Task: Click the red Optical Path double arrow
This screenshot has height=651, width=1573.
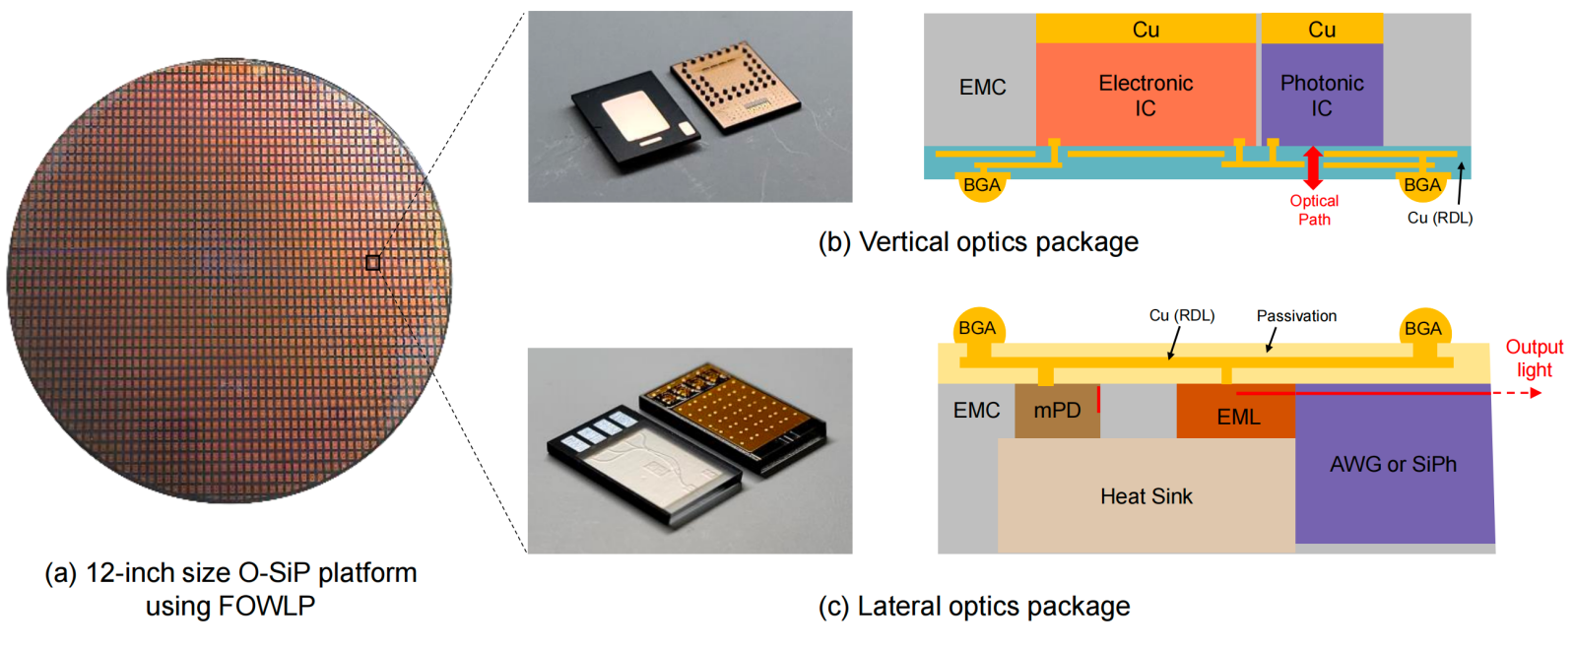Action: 1312,167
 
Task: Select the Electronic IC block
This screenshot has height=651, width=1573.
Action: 1146,96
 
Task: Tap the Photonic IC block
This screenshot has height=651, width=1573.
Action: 1322,96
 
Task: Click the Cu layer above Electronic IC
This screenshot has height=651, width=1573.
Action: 1146,30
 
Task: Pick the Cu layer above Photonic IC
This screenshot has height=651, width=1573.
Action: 1322,30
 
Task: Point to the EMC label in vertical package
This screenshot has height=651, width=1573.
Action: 982,88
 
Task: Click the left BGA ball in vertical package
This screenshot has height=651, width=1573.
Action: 981,185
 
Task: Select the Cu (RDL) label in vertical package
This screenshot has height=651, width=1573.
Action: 1439,218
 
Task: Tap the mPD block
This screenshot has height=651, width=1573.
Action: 1057,411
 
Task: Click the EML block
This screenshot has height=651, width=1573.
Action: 1237,417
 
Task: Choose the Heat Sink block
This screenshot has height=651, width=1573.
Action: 1146,496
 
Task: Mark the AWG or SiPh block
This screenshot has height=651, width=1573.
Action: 1393,465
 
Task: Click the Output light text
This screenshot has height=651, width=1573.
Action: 1534,358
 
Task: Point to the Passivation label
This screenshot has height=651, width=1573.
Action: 1296,316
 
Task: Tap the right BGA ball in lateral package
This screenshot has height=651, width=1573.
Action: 1422,329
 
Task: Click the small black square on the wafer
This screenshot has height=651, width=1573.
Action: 372,262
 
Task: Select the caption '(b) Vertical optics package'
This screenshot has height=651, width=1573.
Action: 978,242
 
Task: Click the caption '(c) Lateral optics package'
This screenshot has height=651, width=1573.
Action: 974,607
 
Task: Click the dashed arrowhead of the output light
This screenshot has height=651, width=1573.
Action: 1535,393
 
